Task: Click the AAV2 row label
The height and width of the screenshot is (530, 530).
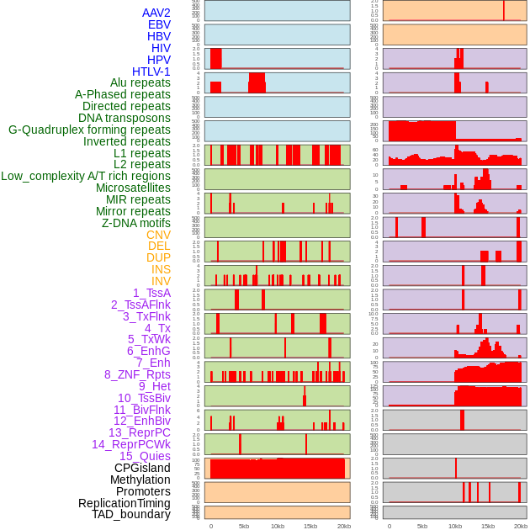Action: click(x=156, y=13)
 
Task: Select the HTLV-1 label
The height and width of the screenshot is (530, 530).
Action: click(x=151, y=72)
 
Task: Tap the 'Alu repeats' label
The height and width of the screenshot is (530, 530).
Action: click(x=140, y=82)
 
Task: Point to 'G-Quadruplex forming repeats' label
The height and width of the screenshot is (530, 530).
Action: click(x=89, y=130)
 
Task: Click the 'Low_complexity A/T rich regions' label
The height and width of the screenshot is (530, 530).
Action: click(x=86, y=176)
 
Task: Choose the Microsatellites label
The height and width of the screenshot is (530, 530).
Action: click(x=133, y=188)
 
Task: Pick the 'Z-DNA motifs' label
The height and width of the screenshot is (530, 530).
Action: click(x=136, y=223)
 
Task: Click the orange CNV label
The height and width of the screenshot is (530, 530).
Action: click(x=158, y=235)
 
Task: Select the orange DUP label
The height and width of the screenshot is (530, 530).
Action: click(x=158, y=257)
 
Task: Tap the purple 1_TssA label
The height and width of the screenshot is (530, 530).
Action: click(x=151, y=293)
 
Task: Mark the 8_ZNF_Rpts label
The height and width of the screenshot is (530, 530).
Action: click(x=137, y=374)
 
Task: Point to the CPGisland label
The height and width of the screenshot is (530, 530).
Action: click(x=142, y=468)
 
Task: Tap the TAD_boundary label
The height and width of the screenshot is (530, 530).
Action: click(x=131, y=514)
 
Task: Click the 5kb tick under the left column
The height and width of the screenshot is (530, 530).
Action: click(x=244, y=526)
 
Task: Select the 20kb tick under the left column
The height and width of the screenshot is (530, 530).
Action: click(x=343, y=526)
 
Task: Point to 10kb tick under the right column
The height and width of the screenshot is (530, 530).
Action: click(x=455, y=526)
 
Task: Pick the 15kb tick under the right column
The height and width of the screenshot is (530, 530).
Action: click(x=488, y=526)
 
